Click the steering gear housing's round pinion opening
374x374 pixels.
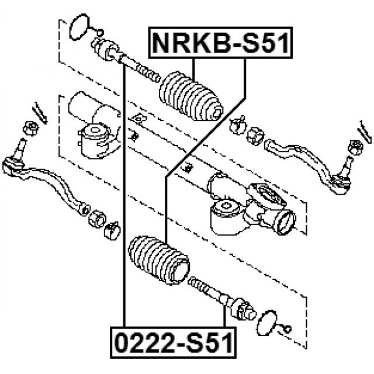pos(287,222)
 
